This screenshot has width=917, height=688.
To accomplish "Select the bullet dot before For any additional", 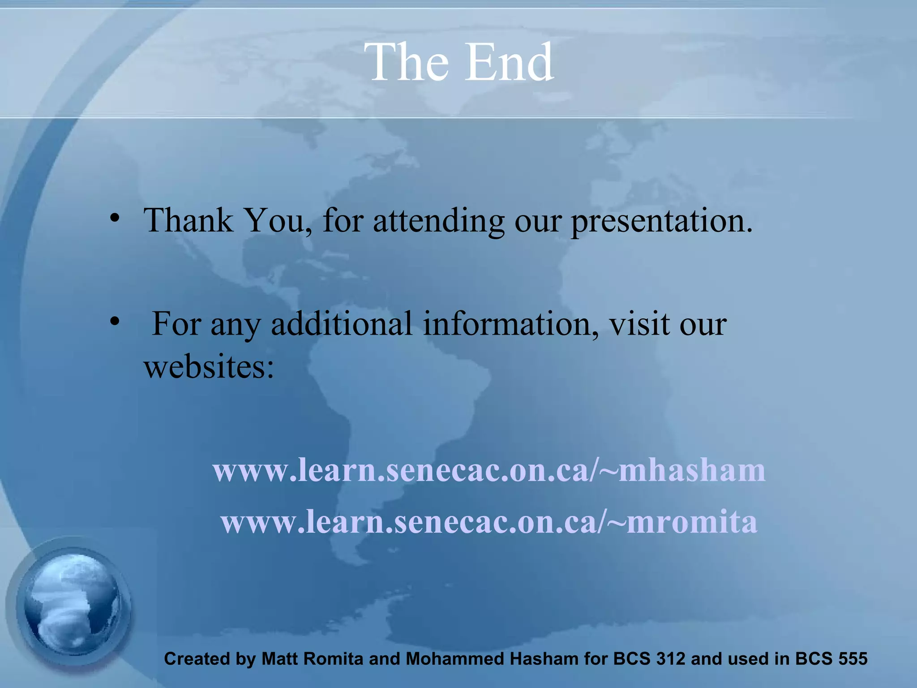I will (x=115, y=321).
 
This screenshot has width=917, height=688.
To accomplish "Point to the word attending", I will (x=438, y=222).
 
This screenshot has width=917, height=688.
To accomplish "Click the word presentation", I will (x=661, y=222).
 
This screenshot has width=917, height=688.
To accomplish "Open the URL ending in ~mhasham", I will (x=489, y=470).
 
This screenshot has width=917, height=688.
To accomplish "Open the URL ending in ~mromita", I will (x=489, y=522).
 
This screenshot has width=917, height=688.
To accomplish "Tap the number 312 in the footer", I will (x=669, y=659).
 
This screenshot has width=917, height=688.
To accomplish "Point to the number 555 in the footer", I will (x=853, y=659).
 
